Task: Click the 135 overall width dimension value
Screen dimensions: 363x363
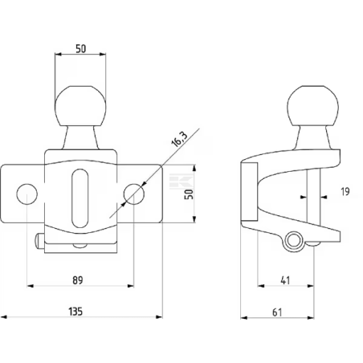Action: click(x=75, y=312)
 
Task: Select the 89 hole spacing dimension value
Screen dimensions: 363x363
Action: click(x=78, y=280)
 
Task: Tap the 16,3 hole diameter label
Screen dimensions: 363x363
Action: click(x=179, y=140)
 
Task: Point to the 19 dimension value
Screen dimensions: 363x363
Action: click(x=345, y=192)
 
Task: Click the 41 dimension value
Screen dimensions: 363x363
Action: click(x=285, y=280)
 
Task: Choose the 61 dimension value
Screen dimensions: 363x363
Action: click(x=277, y=312)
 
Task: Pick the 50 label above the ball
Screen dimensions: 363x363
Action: click(x=81, y=49)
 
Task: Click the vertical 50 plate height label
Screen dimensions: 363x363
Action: click(x=189, y=194)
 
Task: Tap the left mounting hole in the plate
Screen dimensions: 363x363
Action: click(x=27, y=194)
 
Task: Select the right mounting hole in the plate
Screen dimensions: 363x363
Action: click(x=134, y=194)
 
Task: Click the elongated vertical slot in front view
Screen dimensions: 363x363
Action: click(x=80, y=198)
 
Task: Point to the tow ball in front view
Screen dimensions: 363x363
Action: click(x=80, y=106)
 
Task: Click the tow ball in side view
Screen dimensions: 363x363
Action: click(x=312, y=106)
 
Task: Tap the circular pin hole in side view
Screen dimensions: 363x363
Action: click(x=293, y=240)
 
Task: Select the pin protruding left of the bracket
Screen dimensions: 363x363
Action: click(x=39, y=241)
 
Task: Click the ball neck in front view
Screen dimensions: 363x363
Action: click(x=80, y=137)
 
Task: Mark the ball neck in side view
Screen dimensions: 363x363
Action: click(x=312, y=137)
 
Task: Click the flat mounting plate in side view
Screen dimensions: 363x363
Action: click(x=249, y=191)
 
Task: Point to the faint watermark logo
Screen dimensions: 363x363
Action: click(x=181, y=181)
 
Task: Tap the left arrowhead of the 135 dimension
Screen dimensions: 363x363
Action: click(x=4, y=317)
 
